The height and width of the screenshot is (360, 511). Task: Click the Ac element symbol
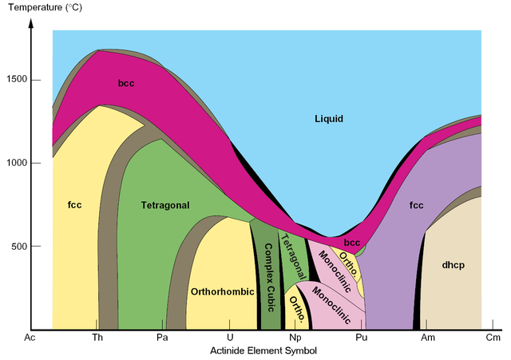[x=30, y=338]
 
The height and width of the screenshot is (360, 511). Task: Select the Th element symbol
[x=97, y=338]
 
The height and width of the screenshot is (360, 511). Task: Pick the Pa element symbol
[x=162, y=338]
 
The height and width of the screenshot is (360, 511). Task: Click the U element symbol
[x=230, y=338]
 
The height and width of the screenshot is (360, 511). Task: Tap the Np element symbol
[x=295, y=338]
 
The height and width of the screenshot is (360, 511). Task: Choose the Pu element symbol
[x=362, y=338]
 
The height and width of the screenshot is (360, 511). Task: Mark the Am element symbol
[x=427, y=338]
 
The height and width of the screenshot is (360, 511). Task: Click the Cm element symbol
[x=493, y=338]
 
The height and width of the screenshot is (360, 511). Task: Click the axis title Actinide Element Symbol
[x=263, y=350]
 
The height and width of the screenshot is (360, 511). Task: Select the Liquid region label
[x=328, y=119]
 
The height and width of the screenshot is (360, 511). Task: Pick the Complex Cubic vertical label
[x=270, y=272]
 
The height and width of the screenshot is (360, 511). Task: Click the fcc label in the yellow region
[x=75, y=205]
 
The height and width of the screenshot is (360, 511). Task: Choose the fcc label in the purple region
[x=416, y=205]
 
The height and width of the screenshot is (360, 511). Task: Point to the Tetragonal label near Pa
[x=165, y=205]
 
